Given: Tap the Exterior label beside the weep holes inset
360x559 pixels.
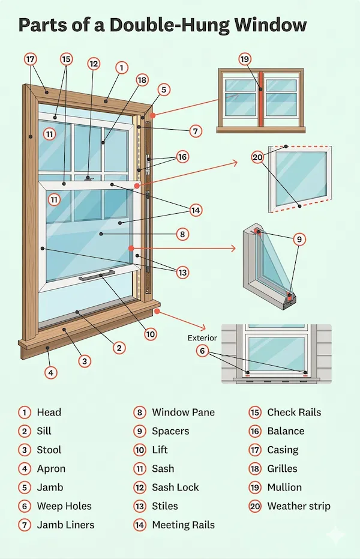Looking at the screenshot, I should point(202,338).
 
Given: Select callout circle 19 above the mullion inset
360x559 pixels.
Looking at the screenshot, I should point(244,59).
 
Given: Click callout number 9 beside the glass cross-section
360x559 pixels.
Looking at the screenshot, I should point(299,240).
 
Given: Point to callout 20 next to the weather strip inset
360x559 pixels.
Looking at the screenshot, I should point(257,158).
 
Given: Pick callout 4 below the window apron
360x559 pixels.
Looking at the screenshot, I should point(51,372).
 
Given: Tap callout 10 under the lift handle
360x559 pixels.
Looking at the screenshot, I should point(150,334).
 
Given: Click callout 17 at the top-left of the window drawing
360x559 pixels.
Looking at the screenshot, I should point(31,59).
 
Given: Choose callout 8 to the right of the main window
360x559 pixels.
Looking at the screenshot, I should point(182,234).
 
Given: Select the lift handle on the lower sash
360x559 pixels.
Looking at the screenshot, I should point(98,277).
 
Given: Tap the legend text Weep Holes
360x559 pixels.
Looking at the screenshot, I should point(64,506).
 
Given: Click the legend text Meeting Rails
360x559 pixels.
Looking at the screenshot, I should point(183,525).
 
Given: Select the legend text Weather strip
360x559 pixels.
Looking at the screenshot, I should point(299,506).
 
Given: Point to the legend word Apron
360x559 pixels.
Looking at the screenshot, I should point(51,468).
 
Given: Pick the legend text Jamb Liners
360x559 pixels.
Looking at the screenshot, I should point(65,525).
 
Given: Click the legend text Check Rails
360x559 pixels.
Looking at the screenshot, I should point(294,412).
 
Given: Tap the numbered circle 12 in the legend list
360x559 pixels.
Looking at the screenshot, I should point(140,488).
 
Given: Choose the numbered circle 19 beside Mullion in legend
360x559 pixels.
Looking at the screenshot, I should point(255,488).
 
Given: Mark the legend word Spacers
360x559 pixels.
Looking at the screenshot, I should point(170,431).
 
